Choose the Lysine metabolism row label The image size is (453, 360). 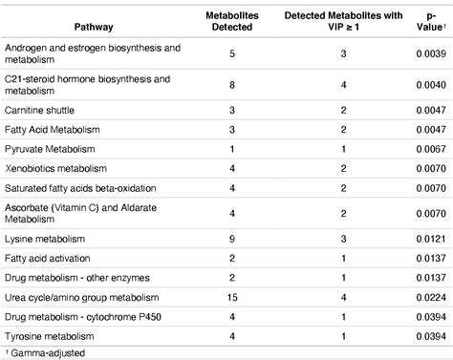pos(44,235)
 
